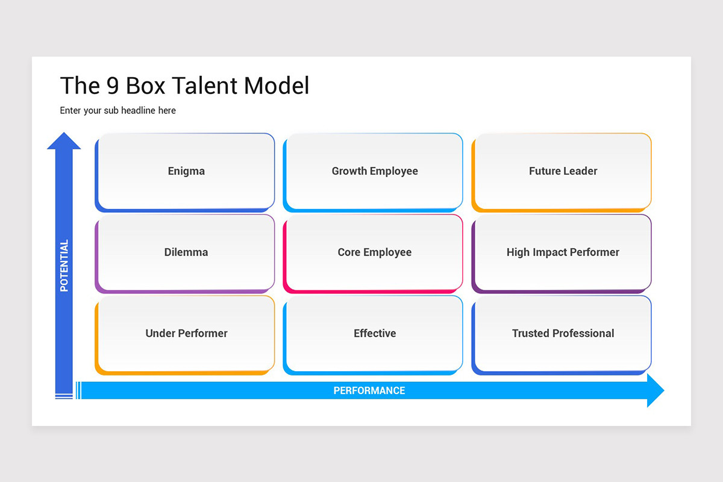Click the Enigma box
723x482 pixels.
tap(186, 171)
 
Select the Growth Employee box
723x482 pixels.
tap(374, 171)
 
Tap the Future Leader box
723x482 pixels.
tap(563, 171)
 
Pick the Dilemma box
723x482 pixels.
tap(186, 252)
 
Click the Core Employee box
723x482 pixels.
tap(374, 252)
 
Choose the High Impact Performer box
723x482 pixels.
tap(563, 252)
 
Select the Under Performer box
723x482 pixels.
tap(186, 333)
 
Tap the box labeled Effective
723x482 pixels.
tap(374, 333)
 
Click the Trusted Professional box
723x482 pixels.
tap(563, 333)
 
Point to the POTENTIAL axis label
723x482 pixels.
tap(64, 266)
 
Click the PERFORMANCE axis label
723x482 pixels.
tap(369, 390)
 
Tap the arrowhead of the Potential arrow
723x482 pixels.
tap(64, 141)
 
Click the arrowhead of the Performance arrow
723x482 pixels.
tap(656, 390)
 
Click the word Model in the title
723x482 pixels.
tap(277, 86)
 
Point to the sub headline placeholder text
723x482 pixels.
tap(118, 110)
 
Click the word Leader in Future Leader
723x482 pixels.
tap(580, 171)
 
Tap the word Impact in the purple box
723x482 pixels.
tap(553, 252)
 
